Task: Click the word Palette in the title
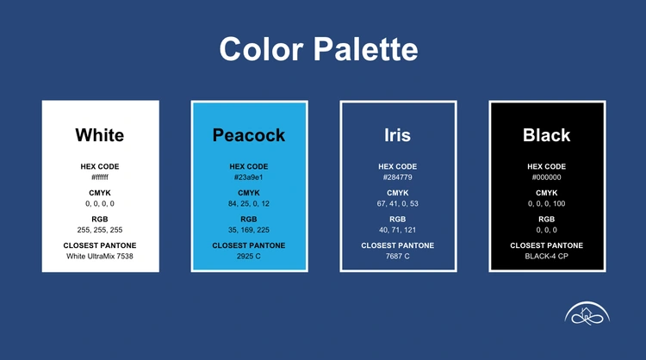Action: (x=366, y=49)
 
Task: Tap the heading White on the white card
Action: (x=100, y=135)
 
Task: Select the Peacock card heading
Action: (x=249, y=135)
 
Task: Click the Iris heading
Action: (x=398, y=135)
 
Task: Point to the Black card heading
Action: (x=547, y=135)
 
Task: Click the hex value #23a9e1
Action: (x=248, y=177)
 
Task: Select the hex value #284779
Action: (x=398, y=177)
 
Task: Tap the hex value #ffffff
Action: (x=100, y=177)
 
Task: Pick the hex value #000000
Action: (x=547, y=177)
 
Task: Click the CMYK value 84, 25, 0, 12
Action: (x=248, y=203)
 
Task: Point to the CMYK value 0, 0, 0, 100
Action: (x=547, y=203)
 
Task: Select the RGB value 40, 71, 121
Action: (x=398, y=230)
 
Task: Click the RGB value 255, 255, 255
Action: (x=100, y=230)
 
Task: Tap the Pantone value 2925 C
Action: (x=248, y=256)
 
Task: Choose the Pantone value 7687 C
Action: (x=398, y=256)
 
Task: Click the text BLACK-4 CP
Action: (x=547, y=256)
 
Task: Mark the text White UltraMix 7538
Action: (x=100, y=256)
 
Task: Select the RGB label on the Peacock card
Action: (x=248, y=219)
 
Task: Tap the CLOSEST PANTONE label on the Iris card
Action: (x=398, y=245)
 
